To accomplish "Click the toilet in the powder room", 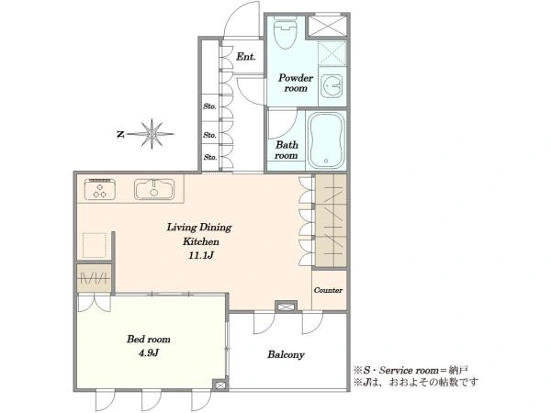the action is pos(285,33).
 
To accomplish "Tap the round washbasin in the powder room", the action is pos(332,85).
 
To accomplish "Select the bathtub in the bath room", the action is pos(326,140).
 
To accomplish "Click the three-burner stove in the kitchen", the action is pos(100,190).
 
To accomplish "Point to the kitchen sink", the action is pos(154,190).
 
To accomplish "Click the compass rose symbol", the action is pos(152,134).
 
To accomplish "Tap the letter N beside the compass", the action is pos(120,134).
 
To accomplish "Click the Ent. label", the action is pos(245,57).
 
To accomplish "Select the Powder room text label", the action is pos(296,83).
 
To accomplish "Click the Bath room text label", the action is pos(287,150).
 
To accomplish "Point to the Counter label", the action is pos(328,290).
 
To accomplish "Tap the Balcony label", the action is pos(286,354).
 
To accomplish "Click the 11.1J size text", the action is pos(200,255).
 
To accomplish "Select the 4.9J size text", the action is pos(149,353).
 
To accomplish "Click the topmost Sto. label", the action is pos(209,106).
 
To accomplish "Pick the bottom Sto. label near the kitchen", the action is pos(210,157).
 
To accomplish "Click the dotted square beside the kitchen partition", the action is pos(95,245).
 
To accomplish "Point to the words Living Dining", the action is pos(199,228).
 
